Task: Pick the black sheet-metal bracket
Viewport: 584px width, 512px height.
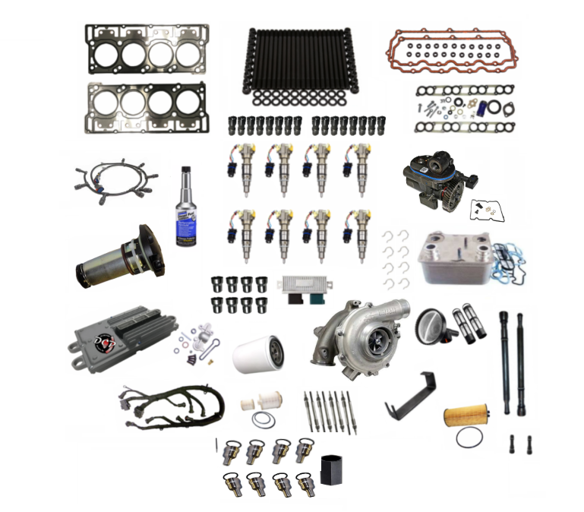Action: pos(411,395)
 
